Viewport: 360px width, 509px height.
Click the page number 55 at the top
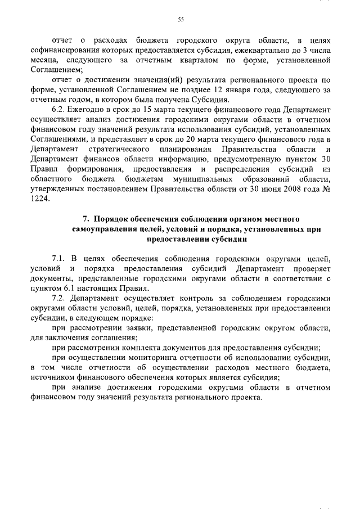pyautogui.click(x=181, y=20)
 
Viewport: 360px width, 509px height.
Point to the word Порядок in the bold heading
pyautogui.click(x=113, y=218)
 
